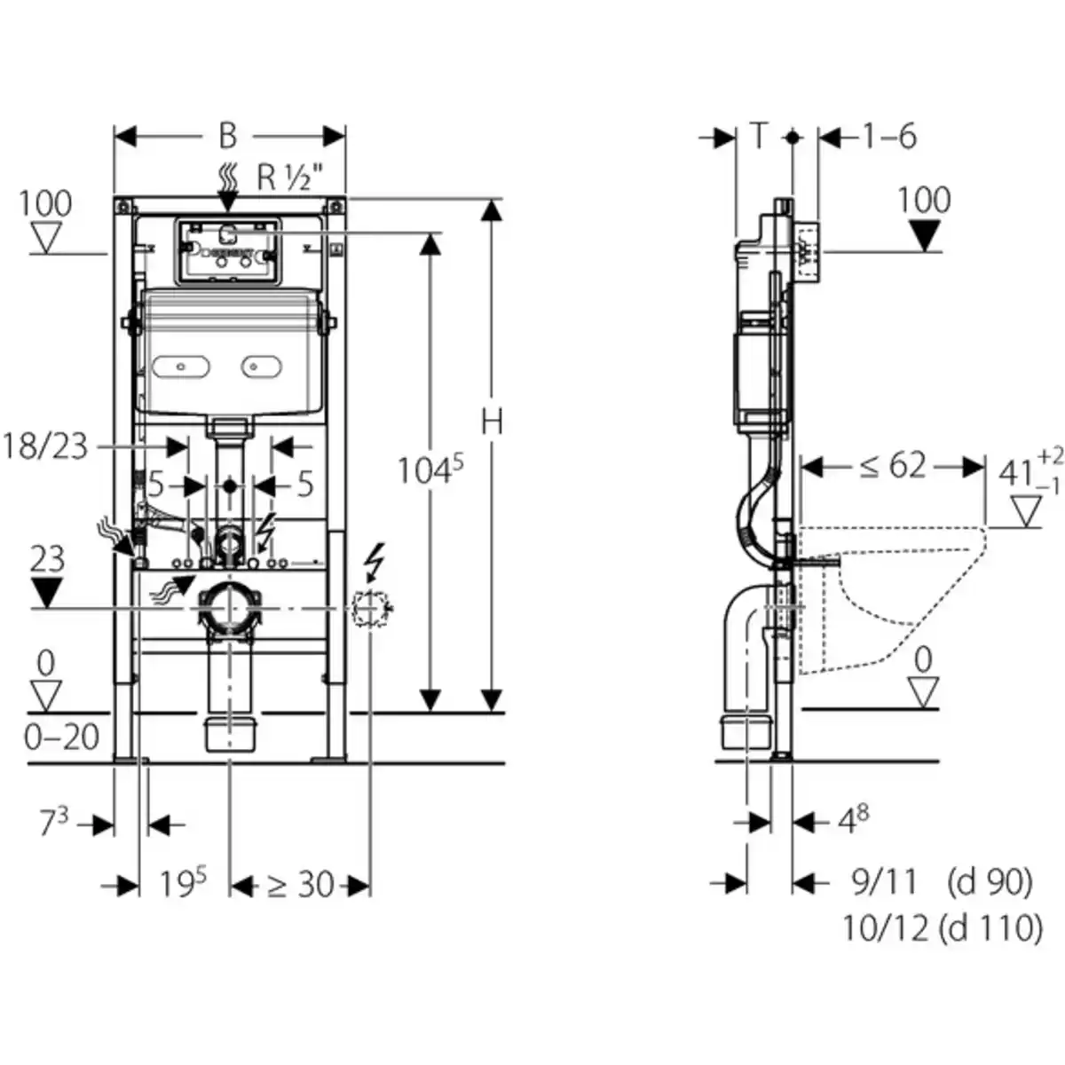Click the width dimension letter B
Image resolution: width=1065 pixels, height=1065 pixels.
coord(228,136)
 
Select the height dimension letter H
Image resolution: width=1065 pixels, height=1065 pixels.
coord(492,422)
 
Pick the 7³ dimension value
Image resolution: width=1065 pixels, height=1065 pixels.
coord(52,824)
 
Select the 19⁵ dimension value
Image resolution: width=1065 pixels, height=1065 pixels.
coord(183,884)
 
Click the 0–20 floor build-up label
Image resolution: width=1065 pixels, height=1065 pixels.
coord(61,737)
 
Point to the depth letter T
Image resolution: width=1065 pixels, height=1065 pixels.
coord(759,137)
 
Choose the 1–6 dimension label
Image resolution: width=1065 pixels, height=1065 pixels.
coord(889,137)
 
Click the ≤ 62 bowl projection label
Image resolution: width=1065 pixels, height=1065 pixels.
coord(892,466)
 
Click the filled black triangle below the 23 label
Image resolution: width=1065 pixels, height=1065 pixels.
coord(46,592)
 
